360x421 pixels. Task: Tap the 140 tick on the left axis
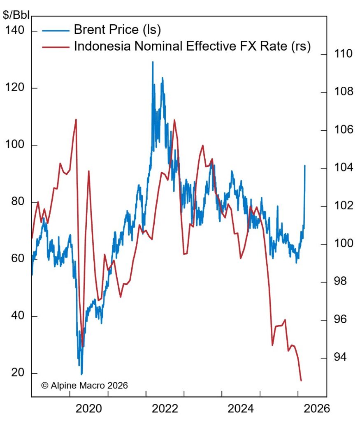point(14,31)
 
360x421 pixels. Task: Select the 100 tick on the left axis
point(14,145)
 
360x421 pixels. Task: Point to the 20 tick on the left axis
point(17,373)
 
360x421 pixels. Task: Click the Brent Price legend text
point(117,30)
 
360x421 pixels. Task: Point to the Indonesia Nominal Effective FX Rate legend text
point(192,46)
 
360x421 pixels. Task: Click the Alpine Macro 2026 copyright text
point(84,385)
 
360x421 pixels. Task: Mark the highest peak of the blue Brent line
point(153,62)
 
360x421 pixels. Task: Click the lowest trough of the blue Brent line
point(81,374)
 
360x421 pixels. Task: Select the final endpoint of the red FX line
point(301,381)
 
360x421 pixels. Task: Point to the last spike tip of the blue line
point(305,165)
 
